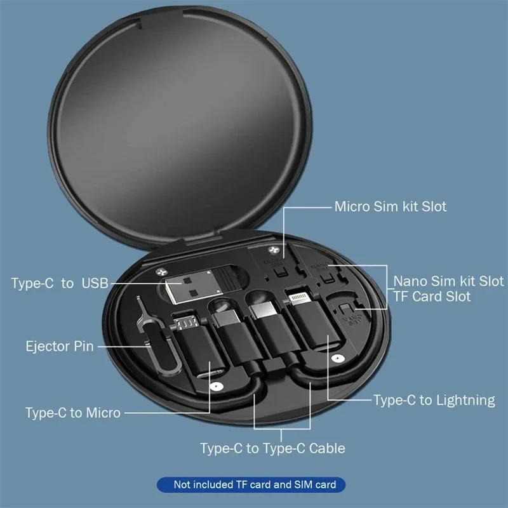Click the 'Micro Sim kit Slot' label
tap(390, 206)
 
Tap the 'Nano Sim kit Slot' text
tap(448, 281)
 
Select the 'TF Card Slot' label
tap(432, 296)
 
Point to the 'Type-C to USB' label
tap(60, 283)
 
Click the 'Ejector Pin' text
tap(60, 346)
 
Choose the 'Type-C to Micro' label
tap(72, 413)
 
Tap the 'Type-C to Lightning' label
tap(434, 400)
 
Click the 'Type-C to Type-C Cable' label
tap(272, 448)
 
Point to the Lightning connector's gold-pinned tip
tap(297, 298)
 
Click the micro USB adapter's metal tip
tap(185, 324)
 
